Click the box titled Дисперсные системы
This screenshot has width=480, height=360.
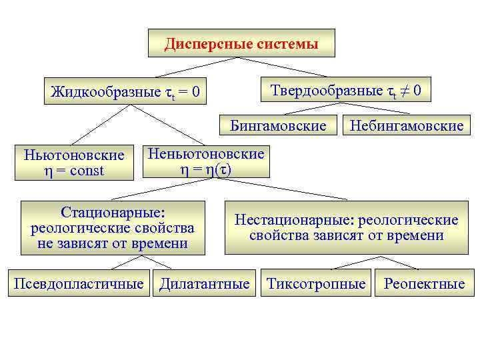[241, 44]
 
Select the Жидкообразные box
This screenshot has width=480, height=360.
[125, 91]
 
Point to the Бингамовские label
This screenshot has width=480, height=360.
[278, 125]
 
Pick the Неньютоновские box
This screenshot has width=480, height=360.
[206, 162]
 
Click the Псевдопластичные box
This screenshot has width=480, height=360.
[79, 283]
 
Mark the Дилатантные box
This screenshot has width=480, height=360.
[204, 283]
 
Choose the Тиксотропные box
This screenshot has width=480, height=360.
[316, 283]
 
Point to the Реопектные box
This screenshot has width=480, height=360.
[424, 283]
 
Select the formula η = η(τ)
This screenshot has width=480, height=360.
[206, 170]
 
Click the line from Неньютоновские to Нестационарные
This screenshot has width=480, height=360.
[287, 189]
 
